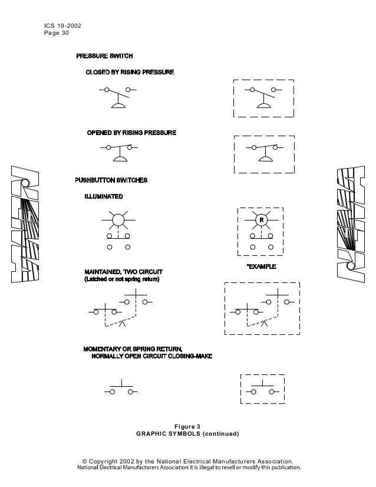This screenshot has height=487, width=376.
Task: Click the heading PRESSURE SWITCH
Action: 104,56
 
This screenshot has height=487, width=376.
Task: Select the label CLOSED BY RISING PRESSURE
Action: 130,73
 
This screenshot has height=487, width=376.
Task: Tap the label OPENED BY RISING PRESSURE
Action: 131,133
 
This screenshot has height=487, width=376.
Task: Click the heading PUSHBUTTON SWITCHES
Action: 111,179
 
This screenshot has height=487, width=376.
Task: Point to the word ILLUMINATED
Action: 104,196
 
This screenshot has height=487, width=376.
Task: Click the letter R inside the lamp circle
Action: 260,220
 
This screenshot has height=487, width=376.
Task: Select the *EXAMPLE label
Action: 261,267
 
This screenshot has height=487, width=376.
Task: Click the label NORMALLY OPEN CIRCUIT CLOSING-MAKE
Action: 152,357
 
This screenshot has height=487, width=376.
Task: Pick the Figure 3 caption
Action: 187,426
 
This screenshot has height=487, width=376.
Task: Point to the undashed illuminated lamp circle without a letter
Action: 118,220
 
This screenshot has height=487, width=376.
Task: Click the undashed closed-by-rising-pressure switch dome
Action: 120,106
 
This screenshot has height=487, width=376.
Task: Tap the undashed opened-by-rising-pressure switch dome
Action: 121,159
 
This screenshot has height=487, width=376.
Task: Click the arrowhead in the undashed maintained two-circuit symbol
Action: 122,323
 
